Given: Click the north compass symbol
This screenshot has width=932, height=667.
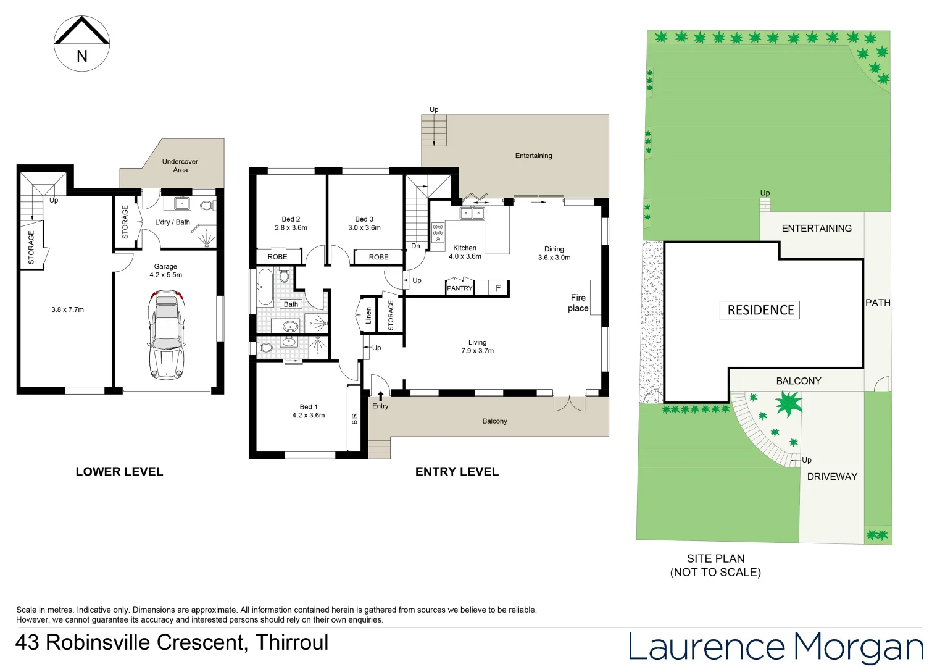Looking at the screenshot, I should coord(82,44).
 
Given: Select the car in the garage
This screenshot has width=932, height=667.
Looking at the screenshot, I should coord(167,334).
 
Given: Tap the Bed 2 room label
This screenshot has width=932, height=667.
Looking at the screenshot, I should coord(291,219).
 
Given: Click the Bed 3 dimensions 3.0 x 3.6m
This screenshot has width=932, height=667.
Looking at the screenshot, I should coord(364,228).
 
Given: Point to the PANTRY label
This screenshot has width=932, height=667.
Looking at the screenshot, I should coord(460,288).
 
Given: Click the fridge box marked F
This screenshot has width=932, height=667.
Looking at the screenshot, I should coord(498,288).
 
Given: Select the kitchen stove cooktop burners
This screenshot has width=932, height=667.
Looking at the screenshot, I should coord(438,233).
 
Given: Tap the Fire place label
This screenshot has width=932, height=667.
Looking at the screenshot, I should coord(578,303).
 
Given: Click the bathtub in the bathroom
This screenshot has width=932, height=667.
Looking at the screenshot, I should coord(265,287).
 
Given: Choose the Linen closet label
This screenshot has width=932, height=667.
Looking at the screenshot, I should coord(368,315).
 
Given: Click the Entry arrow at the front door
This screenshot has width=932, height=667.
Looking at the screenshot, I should coord(380,396).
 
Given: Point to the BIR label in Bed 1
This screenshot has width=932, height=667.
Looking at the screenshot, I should coord(354,419).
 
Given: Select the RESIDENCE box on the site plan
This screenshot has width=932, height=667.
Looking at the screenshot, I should coord(760,310).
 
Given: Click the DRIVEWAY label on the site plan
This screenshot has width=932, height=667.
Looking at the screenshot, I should coord(832,477).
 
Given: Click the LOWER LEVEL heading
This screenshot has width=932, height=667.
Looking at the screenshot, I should coord(119,472).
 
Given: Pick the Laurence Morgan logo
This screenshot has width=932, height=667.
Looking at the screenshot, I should coord(775,647).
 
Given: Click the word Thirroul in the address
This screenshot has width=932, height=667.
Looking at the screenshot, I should coord(292,643).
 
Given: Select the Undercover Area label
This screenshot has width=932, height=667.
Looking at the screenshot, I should coord(180,166).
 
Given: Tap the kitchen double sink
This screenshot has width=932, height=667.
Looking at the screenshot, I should coord(472,214).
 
